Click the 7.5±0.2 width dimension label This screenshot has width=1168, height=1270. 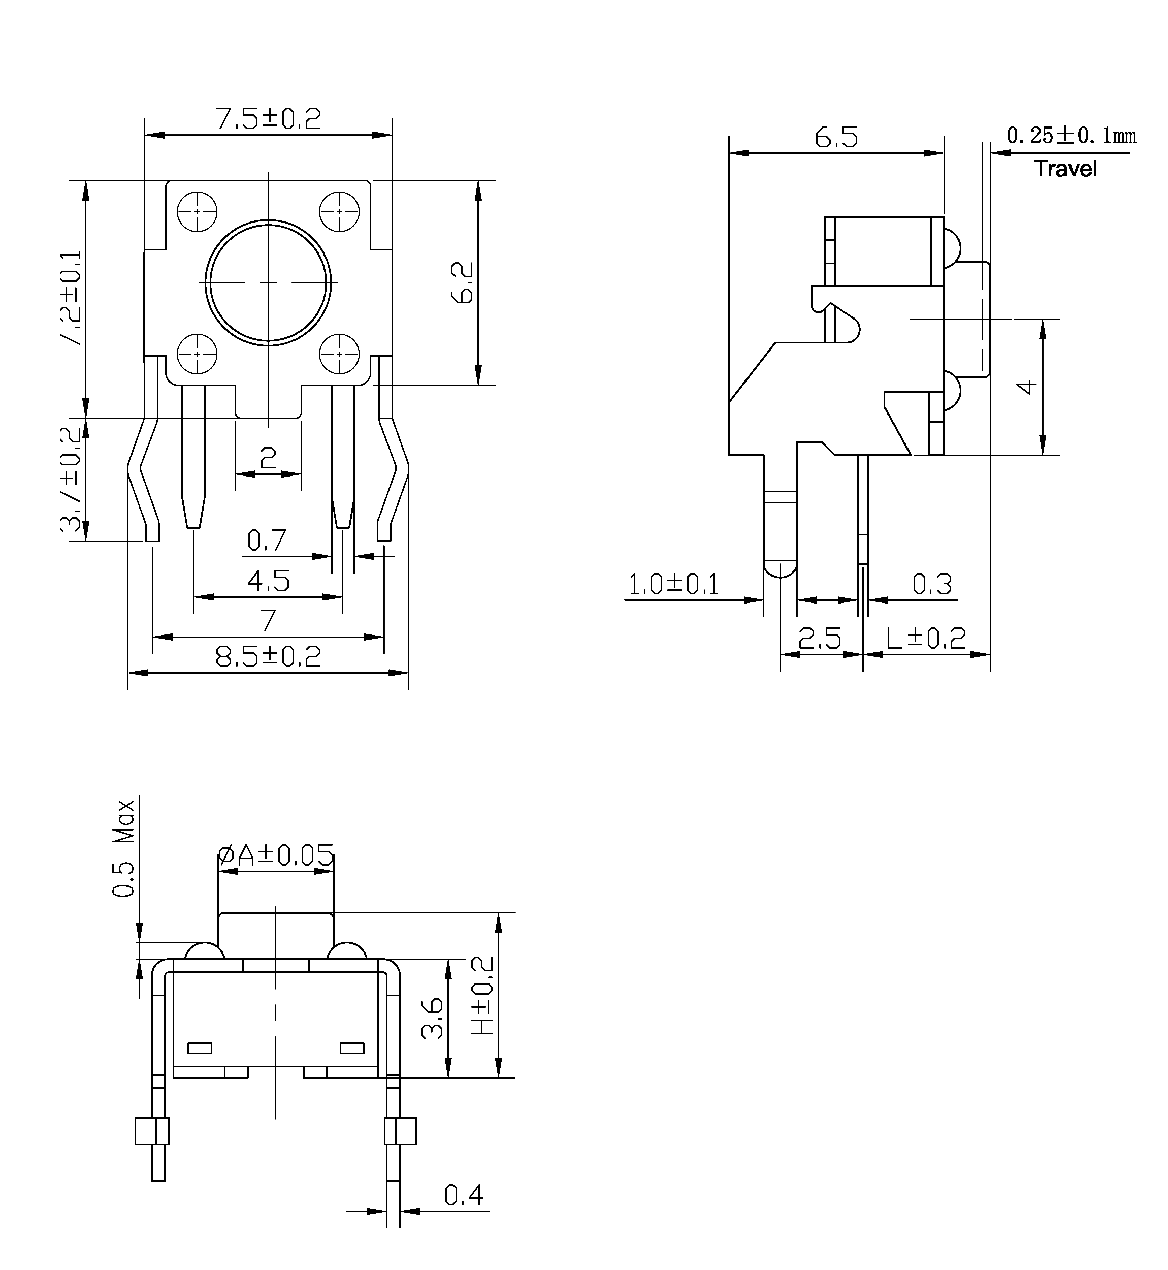268,119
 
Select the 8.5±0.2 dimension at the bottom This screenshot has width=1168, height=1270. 268,657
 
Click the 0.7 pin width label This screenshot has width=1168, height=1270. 267,541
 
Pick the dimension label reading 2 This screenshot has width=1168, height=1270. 268,458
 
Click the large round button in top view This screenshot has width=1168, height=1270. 268,282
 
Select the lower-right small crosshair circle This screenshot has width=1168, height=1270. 339,354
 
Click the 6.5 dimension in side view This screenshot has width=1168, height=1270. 836,137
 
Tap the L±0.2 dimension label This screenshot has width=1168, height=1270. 926,639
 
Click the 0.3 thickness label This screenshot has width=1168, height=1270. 932,584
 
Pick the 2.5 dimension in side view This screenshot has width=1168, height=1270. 820,639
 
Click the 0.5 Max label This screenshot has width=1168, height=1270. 124,848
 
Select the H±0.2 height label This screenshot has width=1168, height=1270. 483,995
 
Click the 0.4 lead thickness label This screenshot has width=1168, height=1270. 463,1195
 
